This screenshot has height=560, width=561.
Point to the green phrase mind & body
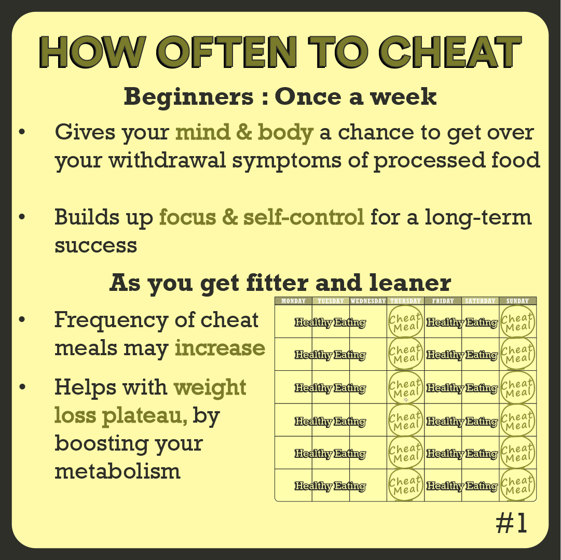(x=244, y=133)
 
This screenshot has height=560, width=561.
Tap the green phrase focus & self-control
(x=262, y=217)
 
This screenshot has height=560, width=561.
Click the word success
(x=95, y=244)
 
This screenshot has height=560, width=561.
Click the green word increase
(x=220, y=348)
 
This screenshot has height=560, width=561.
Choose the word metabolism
(x=117, y=471)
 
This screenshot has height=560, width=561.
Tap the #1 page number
(x=511, y=524)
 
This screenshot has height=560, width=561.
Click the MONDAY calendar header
(x=293, y=301)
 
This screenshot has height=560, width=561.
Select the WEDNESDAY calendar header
(x=368, y=301)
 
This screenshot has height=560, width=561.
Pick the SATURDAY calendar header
(x=480, y=301)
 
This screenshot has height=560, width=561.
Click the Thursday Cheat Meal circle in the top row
(x=405, y=321)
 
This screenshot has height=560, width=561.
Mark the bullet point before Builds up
(x=22, y=217)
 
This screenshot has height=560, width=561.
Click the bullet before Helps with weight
(x=22, y=387)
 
